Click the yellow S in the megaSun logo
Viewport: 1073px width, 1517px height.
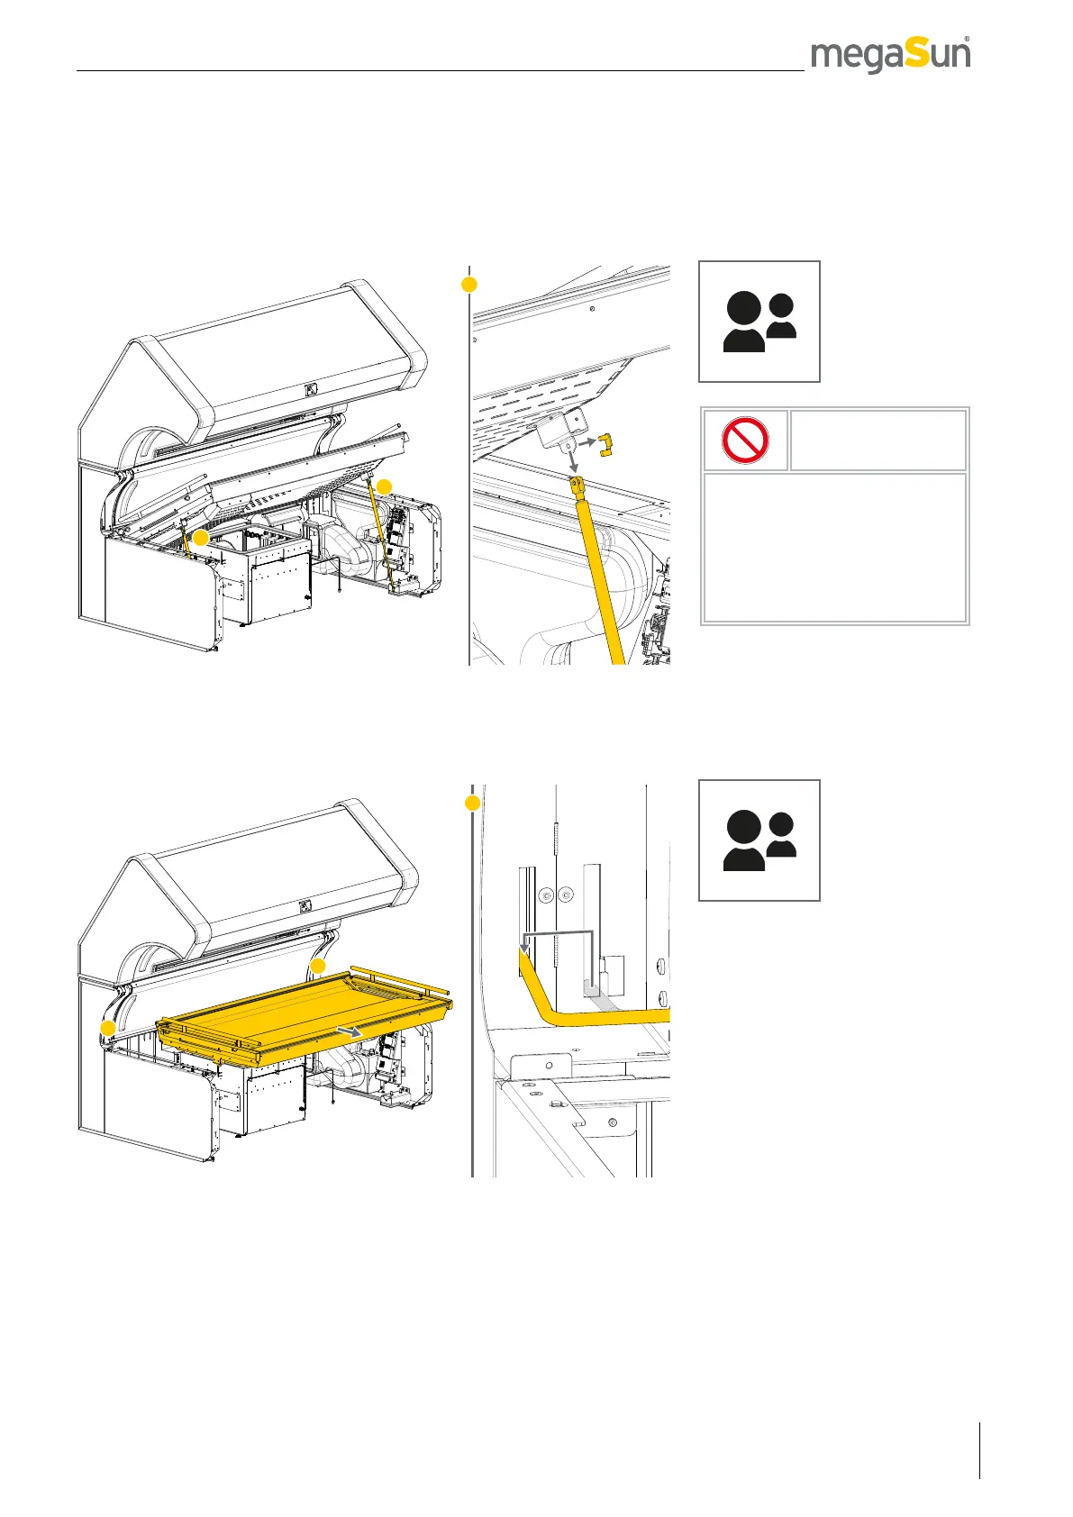[917, 54]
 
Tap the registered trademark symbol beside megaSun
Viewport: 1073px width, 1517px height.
[967, 39]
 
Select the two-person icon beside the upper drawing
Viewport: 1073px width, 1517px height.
[759, 322]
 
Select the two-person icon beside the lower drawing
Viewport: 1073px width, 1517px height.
[759, 840]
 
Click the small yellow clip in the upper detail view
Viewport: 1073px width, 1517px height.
[605, 443]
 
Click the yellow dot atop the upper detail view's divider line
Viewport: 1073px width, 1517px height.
[468, 285]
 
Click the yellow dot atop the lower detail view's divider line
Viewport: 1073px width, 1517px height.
[472, 802]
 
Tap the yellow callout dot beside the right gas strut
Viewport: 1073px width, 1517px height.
[385, 486]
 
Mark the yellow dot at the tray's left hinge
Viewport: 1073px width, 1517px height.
[107, 1028]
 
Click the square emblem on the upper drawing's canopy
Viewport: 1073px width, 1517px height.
[311, 390]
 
